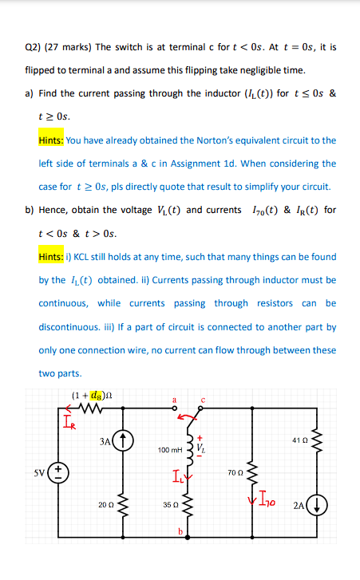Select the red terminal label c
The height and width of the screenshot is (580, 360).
tap(204, 399)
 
